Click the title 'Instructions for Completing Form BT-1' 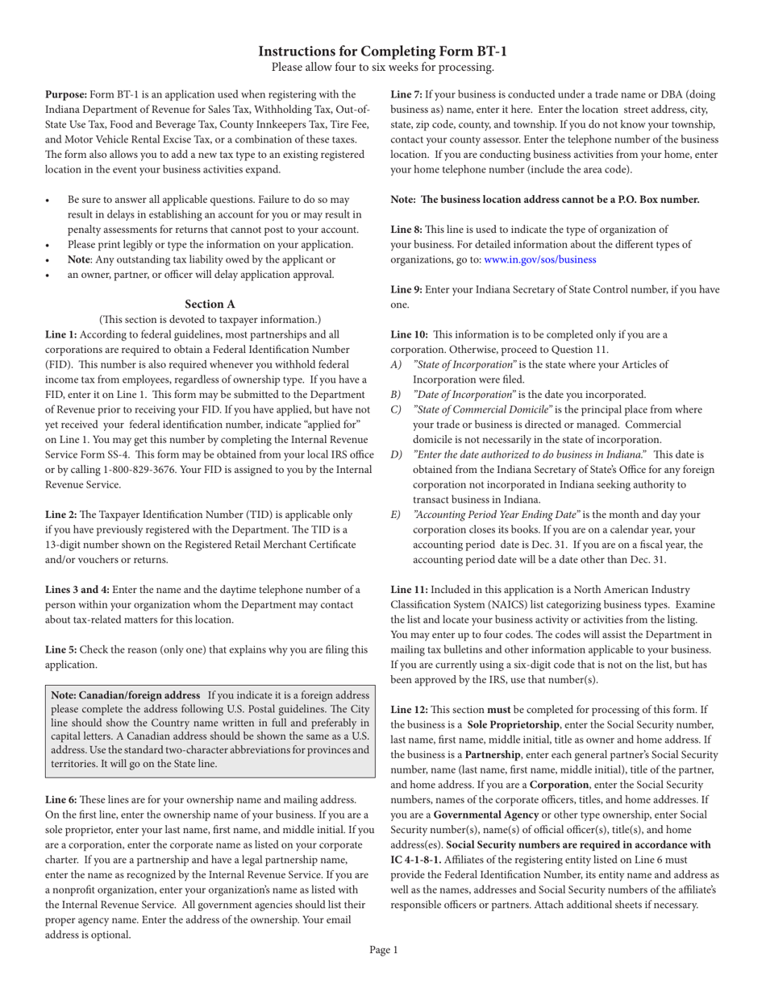click(x=383, y=52)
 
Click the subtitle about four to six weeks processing click(x=383, y=67)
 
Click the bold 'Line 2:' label click(x=61, y=514)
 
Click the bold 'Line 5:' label click(x=61, y=649)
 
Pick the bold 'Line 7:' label click(x=406, y=94)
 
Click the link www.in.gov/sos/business click(x=540, y=259)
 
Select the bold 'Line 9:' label click(x=406, y=289)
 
